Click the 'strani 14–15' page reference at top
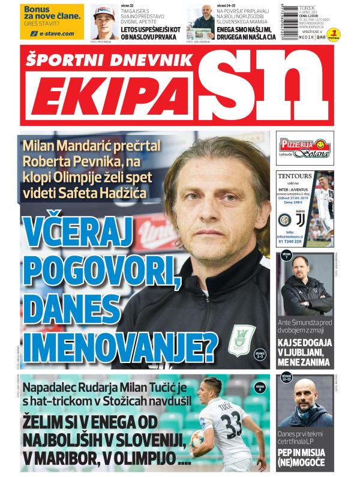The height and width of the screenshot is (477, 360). click(x=226, y=5)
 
